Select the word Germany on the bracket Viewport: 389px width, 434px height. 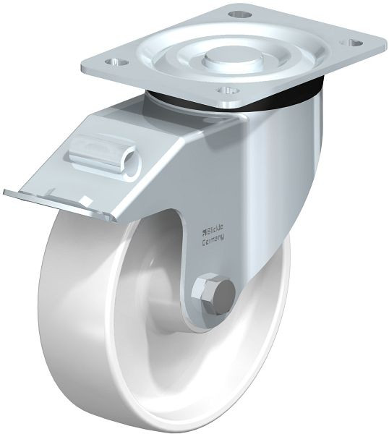point(213,239)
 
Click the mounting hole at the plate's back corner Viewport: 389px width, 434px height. point(239,14)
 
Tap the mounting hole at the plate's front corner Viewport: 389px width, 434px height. point(228,90)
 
